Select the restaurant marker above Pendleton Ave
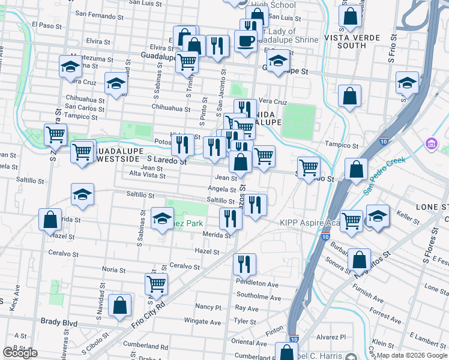coord(244,263)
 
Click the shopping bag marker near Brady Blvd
coord(121,305)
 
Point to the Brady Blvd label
coord(59,322)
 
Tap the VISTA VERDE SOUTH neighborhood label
coord(352,41)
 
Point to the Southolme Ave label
coord(256,295)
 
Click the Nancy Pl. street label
coord(209,307)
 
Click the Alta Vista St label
coord(146,174)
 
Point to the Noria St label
coord(114,269)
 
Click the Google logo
coord(20,353)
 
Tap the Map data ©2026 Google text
coord(412,355)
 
